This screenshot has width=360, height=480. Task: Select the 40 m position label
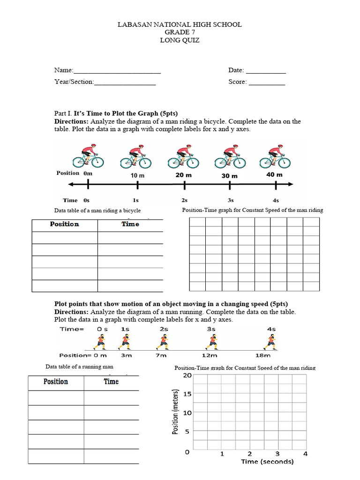(275, 174)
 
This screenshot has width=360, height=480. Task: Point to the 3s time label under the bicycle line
(230, 200)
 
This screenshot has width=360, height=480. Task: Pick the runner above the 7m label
(162, 343)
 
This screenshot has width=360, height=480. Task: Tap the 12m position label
(212, 356)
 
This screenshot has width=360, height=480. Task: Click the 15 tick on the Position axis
(187, 394)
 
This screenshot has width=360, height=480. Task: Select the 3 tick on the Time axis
(277, 453)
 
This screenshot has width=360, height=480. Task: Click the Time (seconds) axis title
(267, 462)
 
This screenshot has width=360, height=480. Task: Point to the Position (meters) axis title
(176, 412)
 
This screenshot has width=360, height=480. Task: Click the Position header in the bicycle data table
(64, 224)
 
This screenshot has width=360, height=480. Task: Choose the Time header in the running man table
(111, 382)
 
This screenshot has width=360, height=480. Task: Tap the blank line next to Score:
(266, 83)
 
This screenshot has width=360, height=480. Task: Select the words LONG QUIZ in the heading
(180, 40)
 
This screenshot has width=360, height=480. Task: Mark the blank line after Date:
(266, 71)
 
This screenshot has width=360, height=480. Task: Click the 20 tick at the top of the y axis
(187, 375)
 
